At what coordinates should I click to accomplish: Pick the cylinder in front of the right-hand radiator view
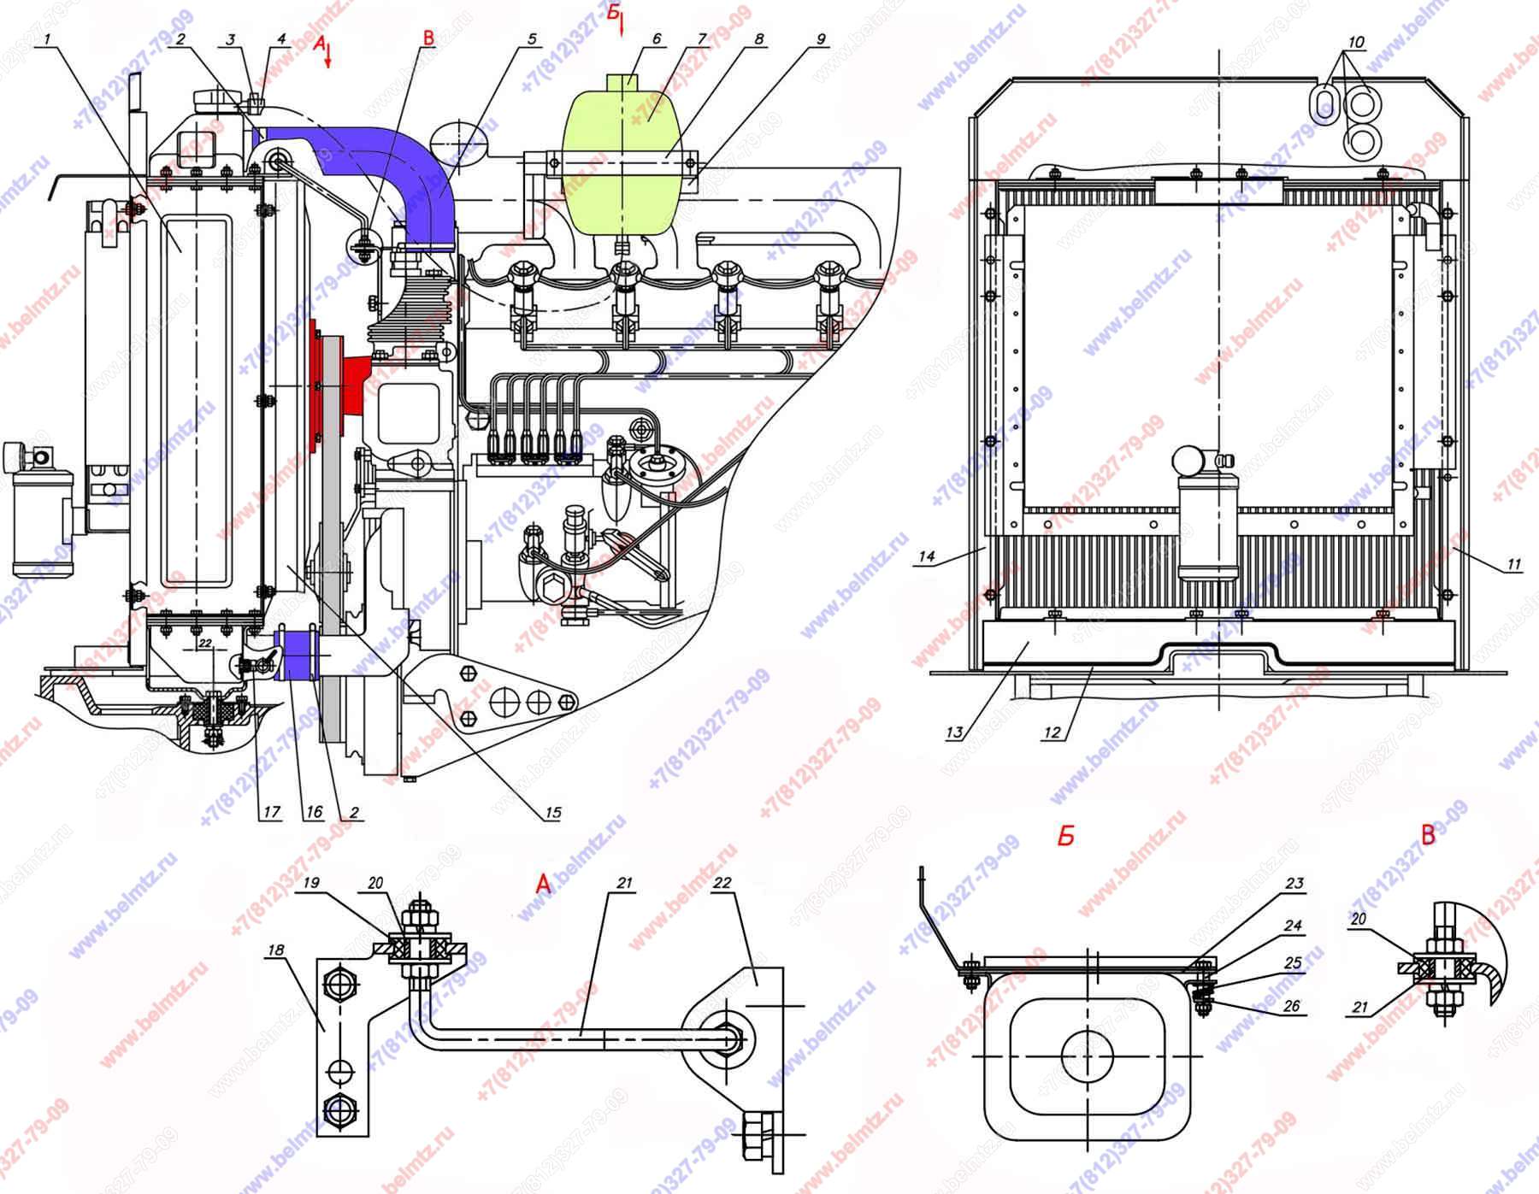(x=1206, y=521)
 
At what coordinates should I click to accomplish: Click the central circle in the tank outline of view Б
(x=1087, y=1055)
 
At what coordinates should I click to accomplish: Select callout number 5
(x=532, y=39)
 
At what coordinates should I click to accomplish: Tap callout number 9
(x=820, y=39)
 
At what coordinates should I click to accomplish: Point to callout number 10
(x=1356, y=42)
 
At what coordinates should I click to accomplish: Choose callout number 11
(x=1513, y=565)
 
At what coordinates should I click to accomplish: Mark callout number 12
(x=1052, y=732)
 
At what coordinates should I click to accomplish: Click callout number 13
(x=954, y=732)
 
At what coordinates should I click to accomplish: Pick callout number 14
(x=927, y=557)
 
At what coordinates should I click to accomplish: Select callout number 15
(x=552, y=812)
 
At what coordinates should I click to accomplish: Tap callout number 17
(x=271, y=812)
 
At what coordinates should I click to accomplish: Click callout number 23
(x=1294, y=883)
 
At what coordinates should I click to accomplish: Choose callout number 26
(x=1291, y=1006)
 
